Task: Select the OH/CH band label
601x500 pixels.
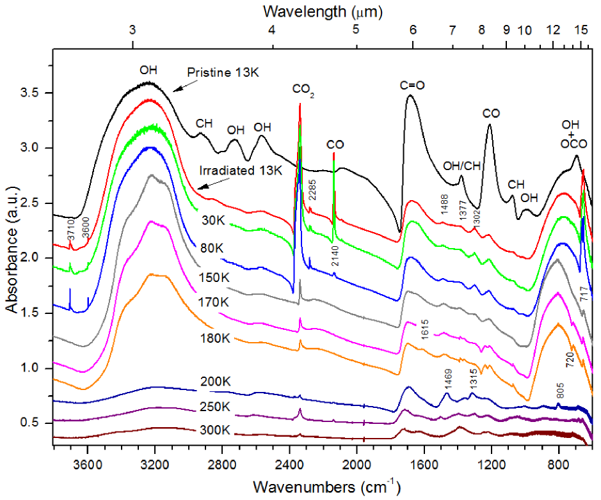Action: [x=461, y=166]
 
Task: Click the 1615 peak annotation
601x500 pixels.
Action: [x=424, y=325]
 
